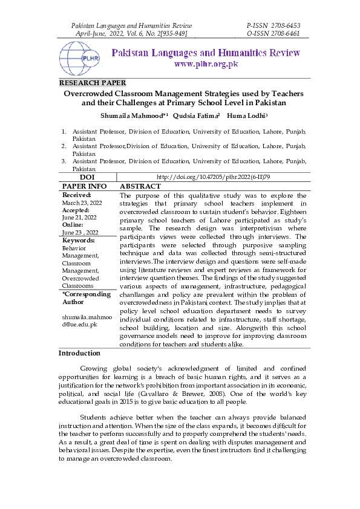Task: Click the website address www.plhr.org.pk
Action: pos(206,64)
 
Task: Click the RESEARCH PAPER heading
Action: pos(92,83)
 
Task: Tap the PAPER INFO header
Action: pos(85,187)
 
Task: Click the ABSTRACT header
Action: pos(140,187)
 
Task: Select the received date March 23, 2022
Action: pos(82,203)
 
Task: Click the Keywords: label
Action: pos(79,241)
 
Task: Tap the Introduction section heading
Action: pos(79,353)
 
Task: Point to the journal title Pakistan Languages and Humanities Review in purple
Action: pos(206,53)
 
